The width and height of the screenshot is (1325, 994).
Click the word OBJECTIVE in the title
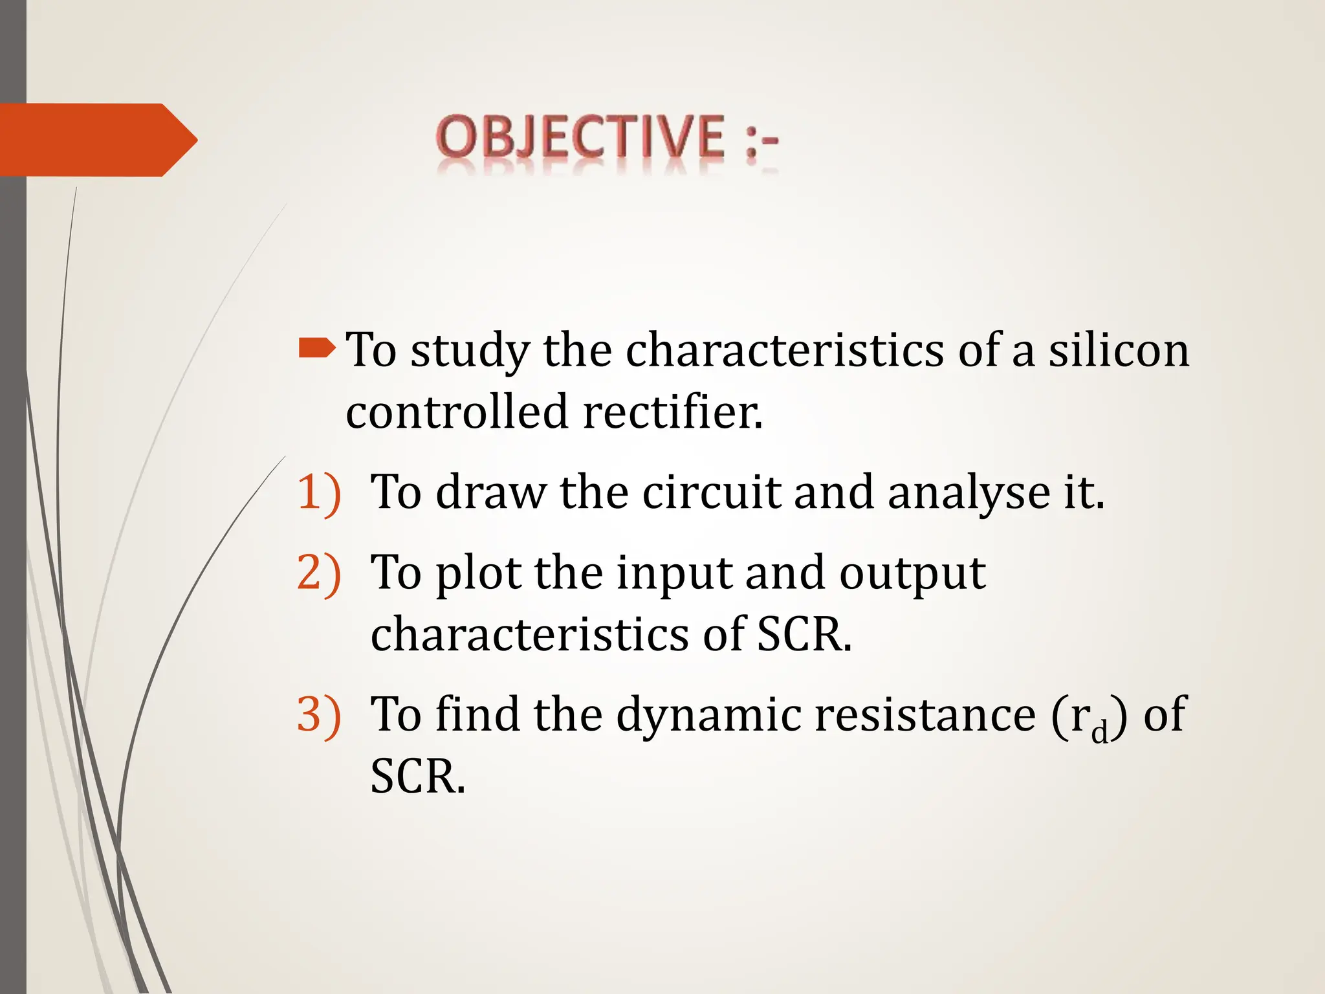pyautogui.click(x=580, y=137)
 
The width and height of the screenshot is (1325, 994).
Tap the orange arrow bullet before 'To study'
pyautogui.click(x=317, y=349)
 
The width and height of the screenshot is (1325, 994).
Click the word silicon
pyautogui.click(x=1119, y=350)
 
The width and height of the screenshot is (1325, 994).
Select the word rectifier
pyautogui.click(x=673, y=412)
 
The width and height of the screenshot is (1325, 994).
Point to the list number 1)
pyautogui.click(x=318, y=493)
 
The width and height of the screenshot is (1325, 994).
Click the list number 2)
pyautogui.click(x=318, y=573)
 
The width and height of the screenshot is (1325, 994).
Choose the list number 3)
pyautogui.click(x=318, y=715)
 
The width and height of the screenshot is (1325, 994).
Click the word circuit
pyautogui.click(x=711, y=492)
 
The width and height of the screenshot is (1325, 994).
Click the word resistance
pyautogui.click(x=925, y=715)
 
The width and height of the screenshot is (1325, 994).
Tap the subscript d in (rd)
pyautogui.click(x=1099, y=732)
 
